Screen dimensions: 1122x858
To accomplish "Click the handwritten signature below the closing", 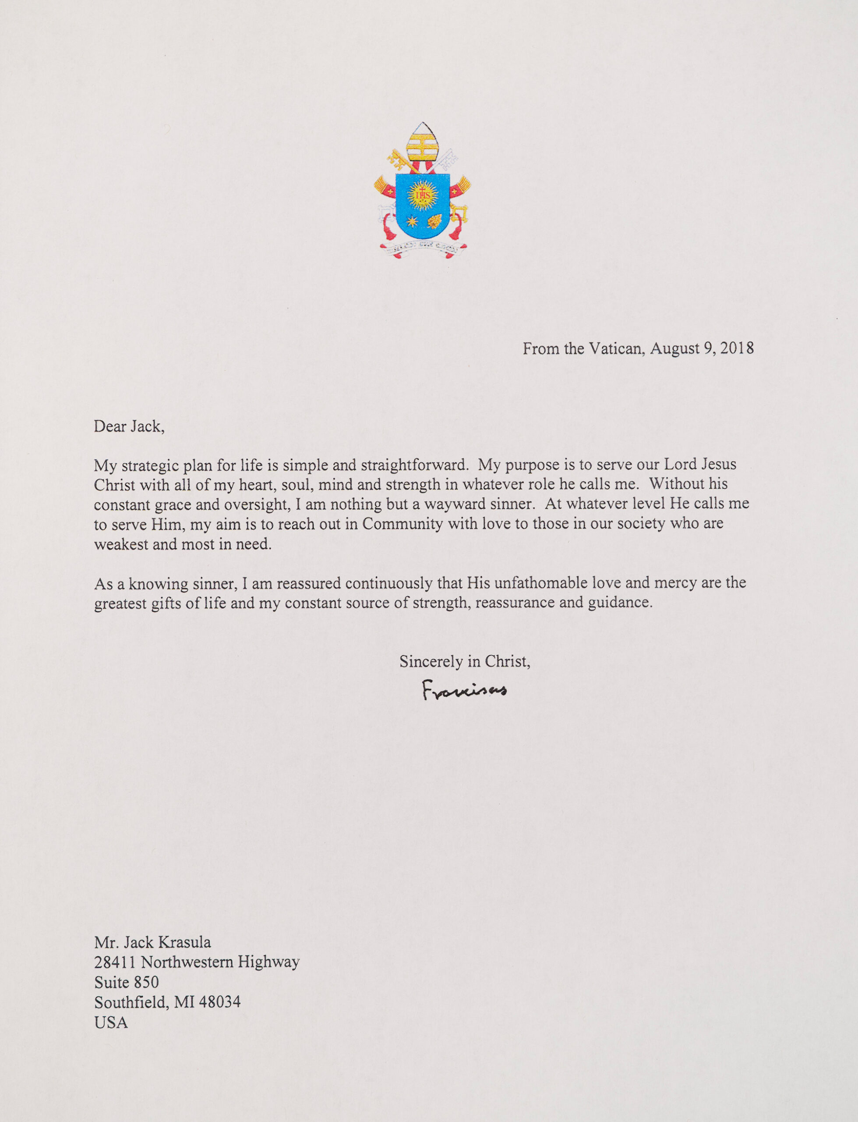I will (x=464, y=690).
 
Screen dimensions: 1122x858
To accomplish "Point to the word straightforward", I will (x=414, y=465).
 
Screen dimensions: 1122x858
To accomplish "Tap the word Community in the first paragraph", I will (x=403, y=524).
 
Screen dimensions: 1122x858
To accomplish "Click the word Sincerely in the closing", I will (x=431, y=662).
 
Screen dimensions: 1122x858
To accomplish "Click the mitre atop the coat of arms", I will (x=422, y=141).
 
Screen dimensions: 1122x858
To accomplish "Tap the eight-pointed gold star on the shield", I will (x=412, y=221).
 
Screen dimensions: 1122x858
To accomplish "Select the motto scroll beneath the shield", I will (x=422, y=249).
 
